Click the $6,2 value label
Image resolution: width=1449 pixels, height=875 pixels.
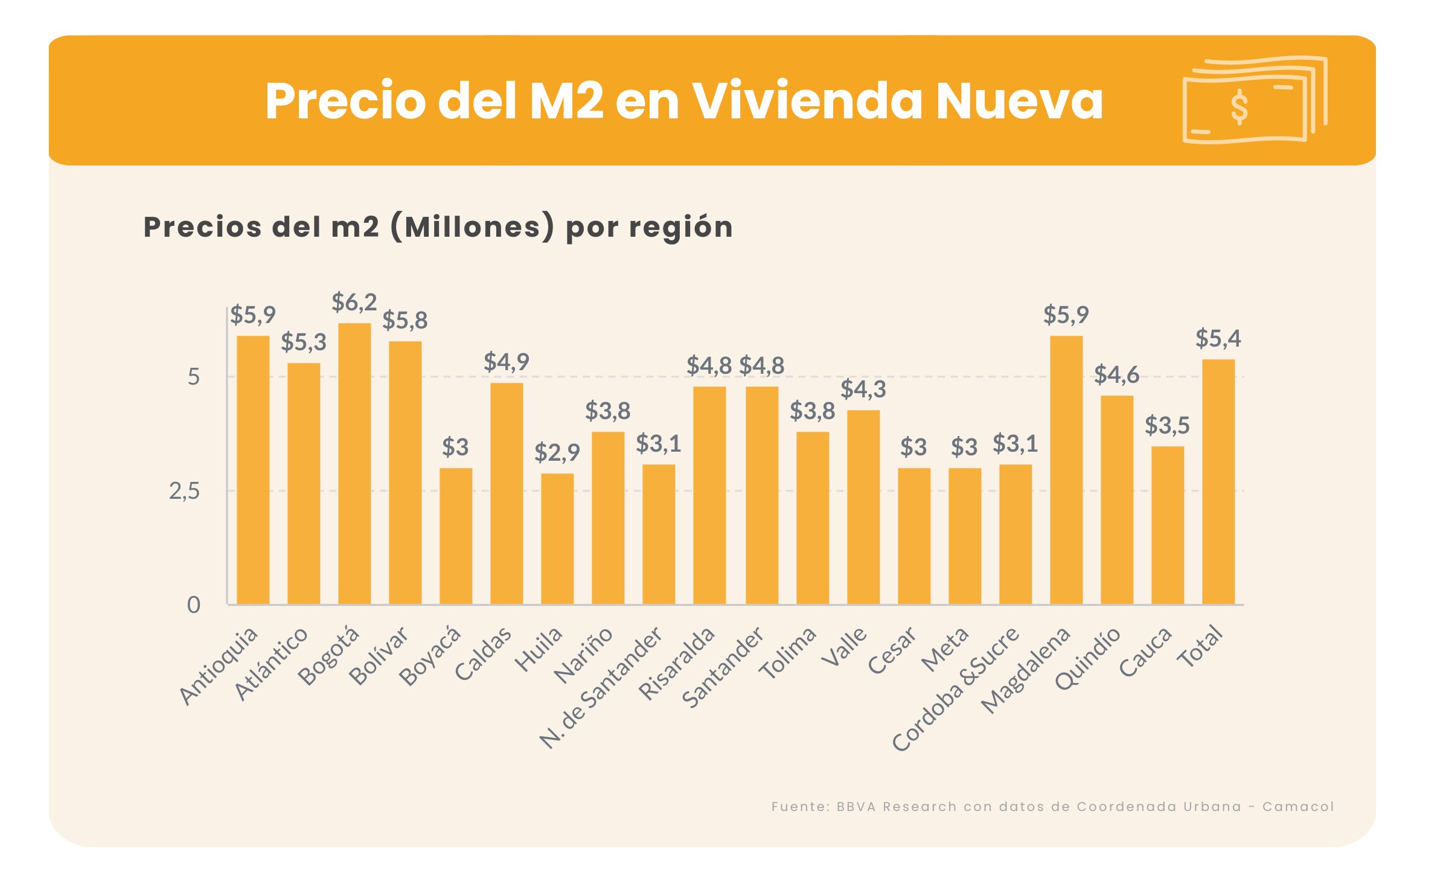coord(354,302)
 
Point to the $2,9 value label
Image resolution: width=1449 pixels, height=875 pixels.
coord(557,452)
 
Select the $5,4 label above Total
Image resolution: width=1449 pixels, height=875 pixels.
coord(1218,338)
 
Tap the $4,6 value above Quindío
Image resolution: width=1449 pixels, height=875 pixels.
coord(1117,375)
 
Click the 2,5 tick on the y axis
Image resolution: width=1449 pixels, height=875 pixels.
coord(184,492)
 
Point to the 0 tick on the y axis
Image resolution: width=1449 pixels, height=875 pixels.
coord(193,604)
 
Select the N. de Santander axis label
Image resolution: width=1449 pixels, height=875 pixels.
coord(601,688)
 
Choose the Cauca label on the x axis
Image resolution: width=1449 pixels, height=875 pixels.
coord(1145,652)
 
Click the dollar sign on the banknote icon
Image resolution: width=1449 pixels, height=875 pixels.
coord(1239,107)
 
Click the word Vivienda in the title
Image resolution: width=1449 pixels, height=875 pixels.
coord(807,101)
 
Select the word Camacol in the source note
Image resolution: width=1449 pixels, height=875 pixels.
coord(1298,807)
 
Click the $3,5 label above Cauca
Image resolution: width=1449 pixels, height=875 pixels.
coord(1167,426)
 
